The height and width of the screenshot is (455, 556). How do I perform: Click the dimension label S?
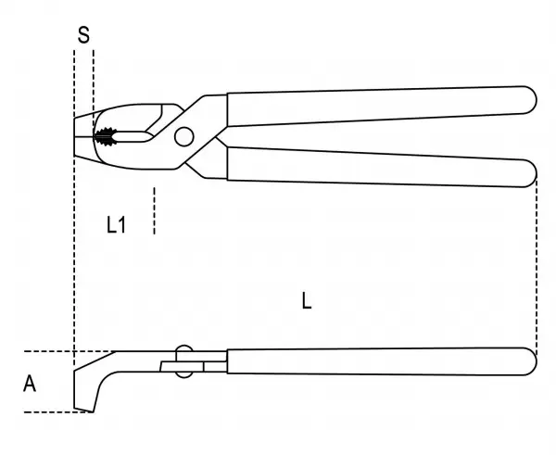[x=83, y=35]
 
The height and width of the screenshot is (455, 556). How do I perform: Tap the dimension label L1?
[x=116, y=224]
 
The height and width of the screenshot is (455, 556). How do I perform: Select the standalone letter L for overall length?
[x=307, y=301]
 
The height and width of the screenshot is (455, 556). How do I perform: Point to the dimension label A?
[x=30, y=384]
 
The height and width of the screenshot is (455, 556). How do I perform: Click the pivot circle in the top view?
[x=184, y=136]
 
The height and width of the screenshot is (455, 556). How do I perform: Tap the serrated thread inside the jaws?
[x=106, y=136]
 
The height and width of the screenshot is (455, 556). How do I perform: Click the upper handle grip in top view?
[x=382, y=106]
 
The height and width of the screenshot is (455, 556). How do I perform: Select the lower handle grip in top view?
[x=382, y=167]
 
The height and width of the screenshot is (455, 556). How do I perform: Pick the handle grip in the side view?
[x=382, y=361]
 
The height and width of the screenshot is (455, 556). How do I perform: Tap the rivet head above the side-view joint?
[x=184, y=348]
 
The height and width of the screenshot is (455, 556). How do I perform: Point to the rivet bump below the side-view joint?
[x=184, y=374]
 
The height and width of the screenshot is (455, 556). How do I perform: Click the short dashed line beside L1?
[x=154, y=210]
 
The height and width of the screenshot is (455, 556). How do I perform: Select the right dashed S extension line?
[x=94, y=89]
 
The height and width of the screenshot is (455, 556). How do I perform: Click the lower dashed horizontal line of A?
[x=59, y=412]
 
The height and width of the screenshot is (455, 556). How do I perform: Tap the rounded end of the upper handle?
[x=529, y=100]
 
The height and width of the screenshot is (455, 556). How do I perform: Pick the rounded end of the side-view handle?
[x=529, y=361]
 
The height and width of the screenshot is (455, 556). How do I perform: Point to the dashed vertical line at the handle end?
[x=537, y=266]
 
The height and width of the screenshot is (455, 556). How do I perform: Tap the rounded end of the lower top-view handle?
[x=529, y=173]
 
